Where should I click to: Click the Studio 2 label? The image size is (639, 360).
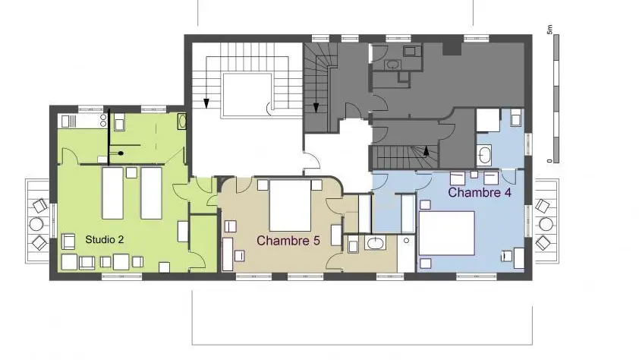[x=104, y=240]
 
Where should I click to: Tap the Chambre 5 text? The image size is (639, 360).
[x=288, y=241]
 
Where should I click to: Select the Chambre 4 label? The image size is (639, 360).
[x=480, y=192]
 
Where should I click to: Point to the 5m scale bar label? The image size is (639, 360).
[x=549, y=30]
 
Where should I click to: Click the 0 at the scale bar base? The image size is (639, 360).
[x=549, y=161]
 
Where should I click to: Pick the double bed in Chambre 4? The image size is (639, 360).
[x=447, y=233]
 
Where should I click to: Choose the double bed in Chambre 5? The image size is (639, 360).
[x=290, y=206]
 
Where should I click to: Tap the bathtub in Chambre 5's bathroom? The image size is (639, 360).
[x=376, y=243]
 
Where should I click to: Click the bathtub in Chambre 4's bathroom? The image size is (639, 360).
[x=484, y=155]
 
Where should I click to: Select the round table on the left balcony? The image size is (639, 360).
[x=36, y=224]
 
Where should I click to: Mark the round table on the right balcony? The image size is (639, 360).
[x=546, y=224]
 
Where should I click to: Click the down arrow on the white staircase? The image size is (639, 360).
[x=206, y=103]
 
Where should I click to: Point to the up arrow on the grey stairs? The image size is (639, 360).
[x=427, y=151]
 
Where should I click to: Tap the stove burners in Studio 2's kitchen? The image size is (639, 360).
[x=103, y=120]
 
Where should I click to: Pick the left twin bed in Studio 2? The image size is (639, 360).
[x=112, y=193]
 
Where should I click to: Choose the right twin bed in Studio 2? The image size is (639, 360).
[x=151, y=193]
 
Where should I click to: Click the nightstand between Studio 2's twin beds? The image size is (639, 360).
[x=131, y=172]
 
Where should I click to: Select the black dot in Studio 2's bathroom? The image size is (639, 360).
[x=121, y=153]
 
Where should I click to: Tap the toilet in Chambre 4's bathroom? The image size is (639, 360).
[x=516, y=118]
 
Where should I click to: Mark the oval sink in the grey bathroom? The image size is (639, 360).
[x=393, y=65]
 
